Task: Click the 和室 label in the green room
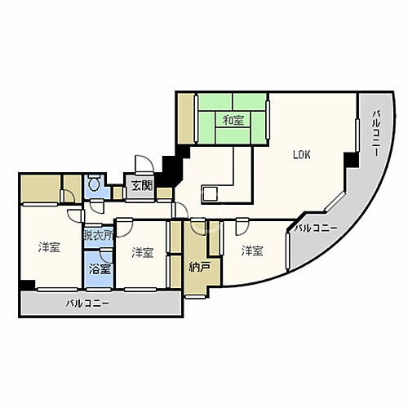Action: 233,121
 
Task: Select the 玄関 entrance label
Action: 141,185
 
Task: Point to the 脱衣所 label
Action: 98,235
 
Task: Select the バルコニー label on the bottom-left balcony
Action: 87,304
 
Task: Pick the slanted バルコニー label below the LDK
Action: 316,228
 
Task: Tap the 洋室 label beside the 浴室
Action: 142,253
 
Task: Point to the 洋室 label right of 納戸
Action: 251,251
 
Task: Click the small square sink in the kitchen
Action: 209,194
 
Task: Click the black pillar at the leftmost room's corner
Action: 28,285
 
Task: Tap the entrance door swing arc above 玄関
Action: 141,163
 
